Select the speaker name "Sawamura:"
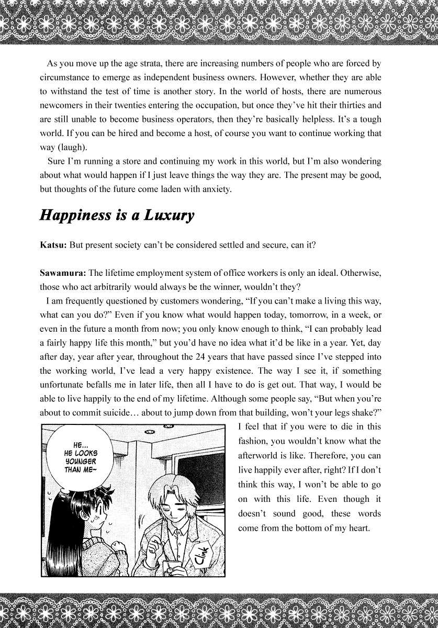(x=63, y=273)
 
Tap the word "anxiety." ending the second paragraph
(x=216, y=189)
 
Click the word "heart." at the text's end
(x=358, y=528)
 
